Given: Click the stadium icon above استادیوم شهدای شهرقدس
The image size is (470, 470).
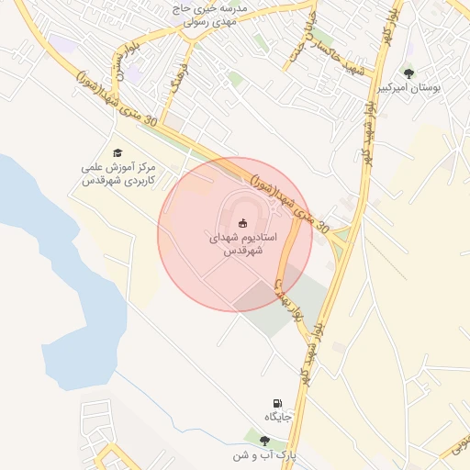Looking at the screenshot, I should click(x=243, y=223).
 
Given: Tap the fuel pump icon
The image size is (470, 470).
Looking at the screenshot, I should click(x=277, y=403).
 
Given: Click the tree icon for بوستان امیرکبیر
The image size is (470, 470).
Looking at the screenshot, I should click(x=408, y=73).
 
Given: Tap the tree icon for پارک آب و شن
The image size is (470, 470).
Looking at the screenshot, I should click(x=264, y=441).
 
